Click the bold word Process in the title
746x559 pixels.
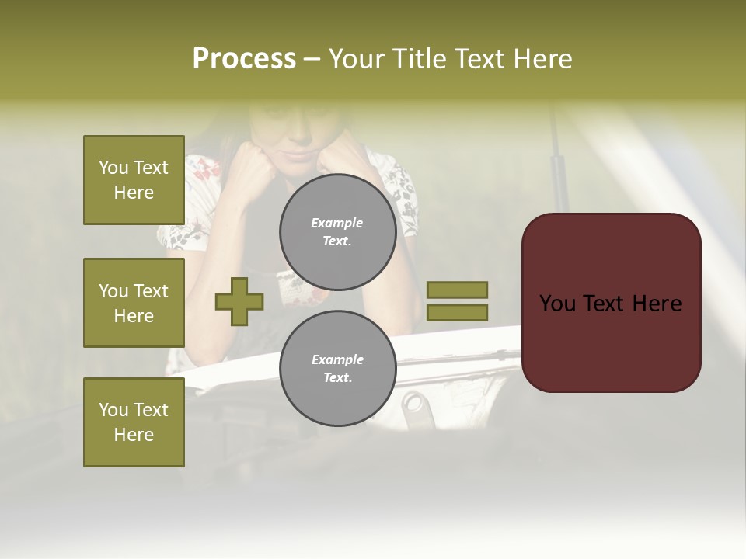[x=244, y=59]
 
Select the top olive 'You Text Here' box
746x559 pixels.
[x=134, y=180]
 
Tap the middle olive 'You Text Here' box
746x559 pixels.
[x=134, y=303]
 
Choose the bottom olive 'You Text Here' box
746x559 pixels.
[x=134, y=422]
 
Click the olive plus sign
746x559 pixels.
[x=239, y=302]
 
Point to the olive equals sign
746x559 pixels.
[x=457, y=301]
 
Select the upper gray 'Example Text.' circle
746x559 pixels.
[x=338, y=232]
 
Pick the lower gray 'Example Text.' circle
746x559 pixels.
[x=338, y=369]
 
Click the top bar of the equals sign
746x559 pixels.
[x=457, y=290]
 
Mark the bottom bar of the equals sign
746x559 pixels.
[x=457, y=313]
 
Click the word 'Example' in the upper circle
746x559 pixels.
[x=337, y=223]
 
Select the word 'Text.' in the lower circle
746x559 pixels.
[x=337, y=378]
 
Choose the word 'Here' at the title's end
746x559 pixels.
[x=542, y=59]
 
